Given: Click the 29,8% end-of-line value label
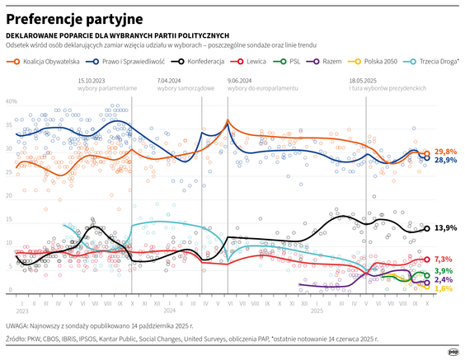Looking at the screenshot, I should (x=445, y=152).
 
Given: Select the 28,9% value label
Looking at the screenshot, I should (x=445, y=161).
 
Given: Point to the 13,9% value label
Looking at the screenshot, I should (x=445, y=227).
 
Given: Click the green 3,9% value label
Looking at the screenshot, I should (x=443, y=271).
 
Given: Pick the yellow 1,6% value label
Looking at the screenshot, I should (x=443, y=288).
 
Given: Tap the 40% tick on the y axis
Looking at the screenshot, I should (x=12, y=101).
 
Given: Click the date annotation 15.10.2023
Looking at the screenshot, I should (x=92, y=80).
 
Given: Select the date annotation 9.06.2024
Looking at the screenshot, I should (x=241, y=80).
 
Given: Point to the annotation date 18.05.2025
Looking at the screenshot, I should (x=363, y=80).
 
